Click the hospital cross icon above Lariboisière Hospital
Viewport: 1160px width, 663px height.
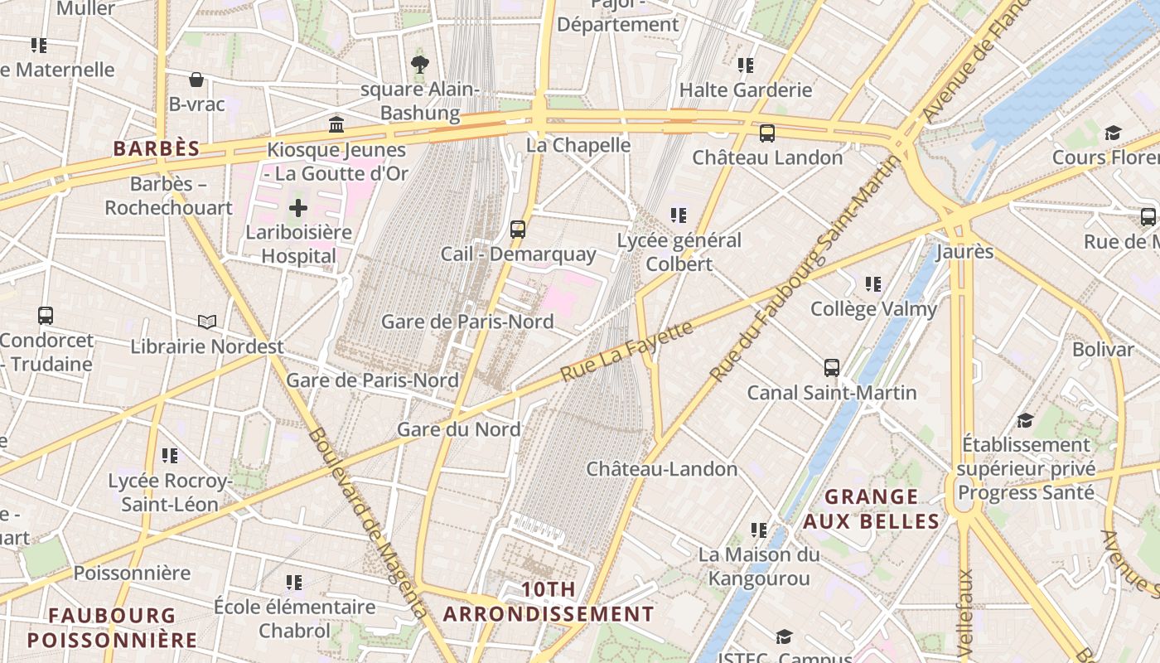[298, 207]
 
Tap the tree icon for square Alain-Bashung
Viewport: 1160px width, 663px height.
[420, 64]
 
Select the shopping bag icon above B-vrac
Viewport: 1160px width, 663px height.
[196, 80]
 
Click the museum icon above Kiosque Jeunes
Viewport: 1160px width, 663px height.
[336, 125]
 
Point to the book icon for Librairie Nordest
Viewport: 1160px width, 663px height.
[206, 322]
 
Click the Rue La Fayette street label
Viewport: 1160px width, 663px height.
[626, 352]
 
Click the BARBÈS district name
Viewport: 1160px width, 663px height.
[157, 149]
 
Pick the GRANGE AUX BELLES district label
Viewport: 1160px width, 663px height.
[871, 509]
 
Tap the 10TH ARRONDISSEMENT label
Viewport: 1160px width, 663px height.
[549, 602]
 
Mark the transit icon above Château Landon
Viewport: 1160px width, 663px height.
[767, 133]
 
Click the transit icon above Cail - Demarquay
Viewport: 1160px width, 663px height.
[518, 230]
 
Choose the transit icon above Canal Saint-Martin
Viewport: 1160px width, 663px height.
[832, 368]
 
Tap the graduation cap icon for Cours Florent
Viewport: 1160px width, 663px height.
[1112, 133]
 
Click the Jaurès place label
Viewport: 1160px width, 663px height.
[964, 251]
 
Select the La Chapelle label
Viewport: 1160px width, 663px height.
[579, 145]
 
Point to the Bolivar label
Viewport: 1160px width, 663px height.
[1103, 349]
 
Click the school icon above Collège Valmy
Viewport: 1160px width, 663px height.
[872, 284]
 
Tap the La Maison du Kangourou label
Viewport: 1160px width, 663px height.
[759, 566]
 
